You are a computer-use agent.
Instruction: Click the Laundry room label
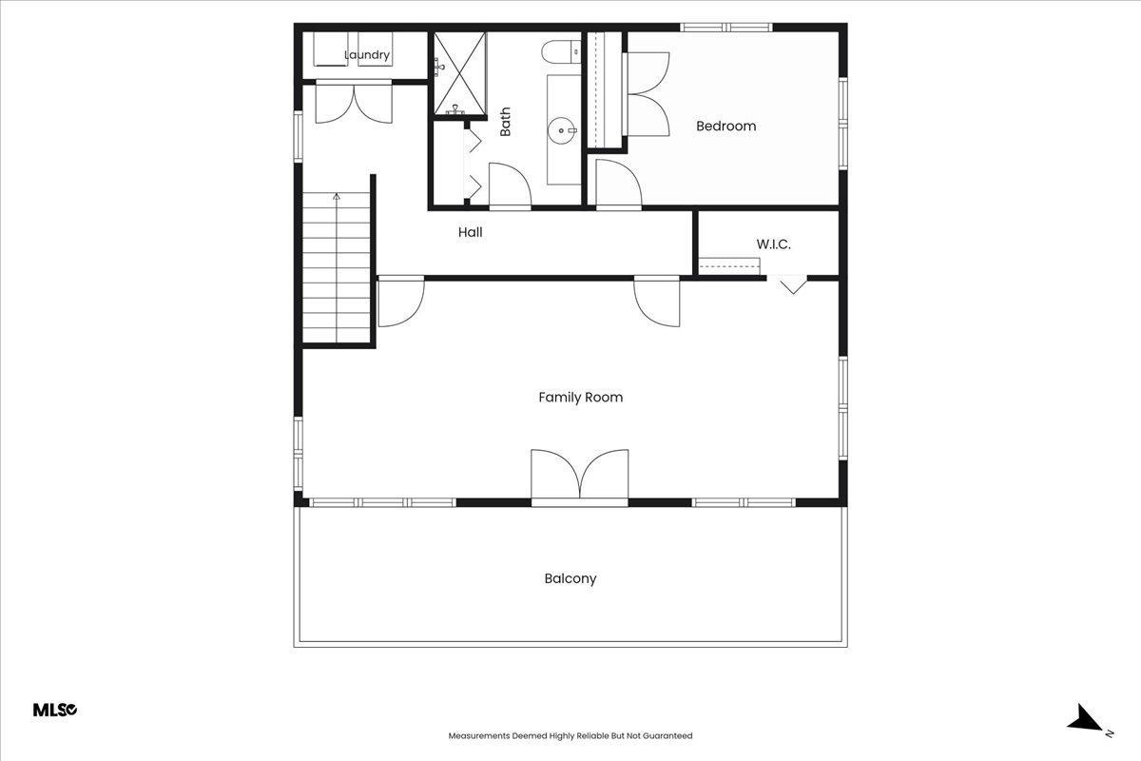pyautogui.click(x=367, y=54)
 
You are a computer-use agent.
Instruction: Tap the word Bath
pyautogui.click(x=505, y=122)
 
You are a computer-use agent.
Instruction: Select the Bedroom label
pyautogui.click(x=725, y=126)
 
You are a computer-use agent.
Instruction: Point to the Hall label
pyautogui.click(x=470, y=232)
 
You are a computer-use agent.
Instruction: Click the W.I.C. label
pyautogui.click(x=773, y=244)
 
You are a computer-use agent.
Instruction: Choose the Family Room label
pyautogui.click(x=581, y=397)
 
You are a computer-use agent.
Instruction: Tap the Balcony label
pyautogui.click(x=570, y=578)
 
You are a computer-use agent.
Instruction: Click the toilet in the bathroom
pyautogui.click(x=561, y=52)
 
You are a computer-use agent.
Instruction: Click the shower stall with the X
pyautogui.click(x=459, y=73)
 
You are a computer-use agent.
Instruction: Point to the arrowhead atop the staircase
pyautogui.click(x=337, y=196)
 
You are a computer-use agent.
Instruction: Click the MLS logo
pyautogui.click(x=55, y=710)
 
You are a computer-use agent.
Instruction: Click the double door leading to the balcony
pyautogui.click(x=580, y=477)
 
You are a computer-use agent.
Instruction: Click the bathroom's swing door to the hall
pyautogui.click(x=510, y=186)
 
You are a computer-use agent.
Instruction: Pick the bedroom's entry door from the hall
pyautogui.click(x=619, y=184)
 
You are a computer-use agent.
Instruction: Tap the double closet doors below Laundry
pyautogui.click(x=354, y=102)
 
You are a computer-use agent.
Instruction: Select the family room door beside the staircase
pyautogui.click(x=401, y=302)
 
